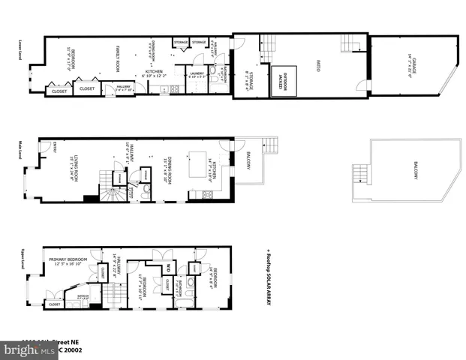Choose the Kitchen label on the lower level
pos(154,73)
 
